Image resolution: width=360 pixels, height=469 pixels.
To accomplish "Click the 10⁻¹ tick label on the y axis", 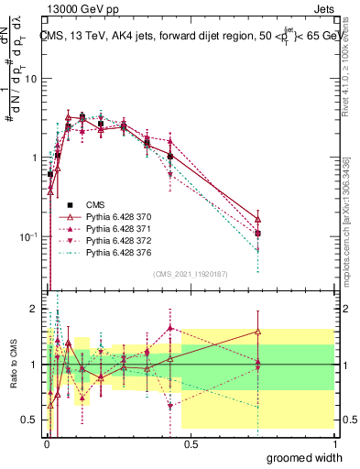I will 27,236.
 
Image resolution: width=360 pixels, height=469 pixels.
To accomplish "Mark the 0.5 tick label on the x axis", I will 191,442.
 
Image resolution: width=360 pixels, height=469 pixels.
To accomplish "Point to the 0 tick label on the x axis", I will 47,442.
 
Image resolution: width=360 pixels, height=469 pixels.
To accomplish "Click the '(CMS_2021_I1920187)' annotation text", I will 191,272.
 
